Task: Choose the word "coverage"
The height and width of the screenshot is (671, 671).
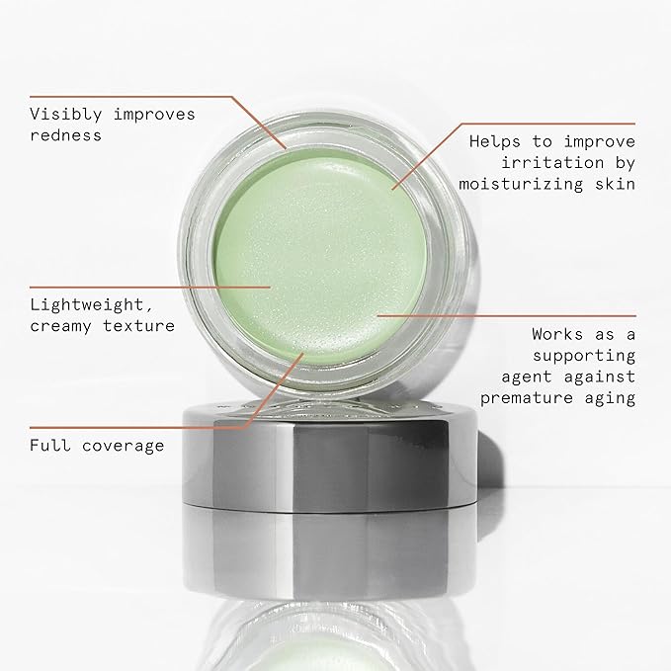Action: (125, 446)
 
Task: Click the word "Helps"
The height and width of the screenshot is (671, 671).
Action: (491, 141)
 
